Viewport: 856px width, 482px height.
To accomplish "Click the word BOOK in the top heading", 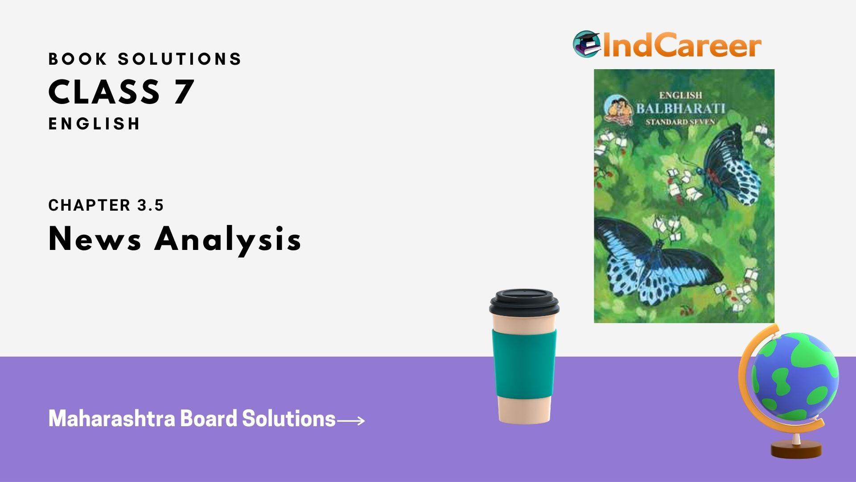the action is (x=78, y=59).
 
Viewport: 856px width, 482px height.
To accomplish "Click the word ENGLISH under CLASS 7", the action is (x=94, y=124).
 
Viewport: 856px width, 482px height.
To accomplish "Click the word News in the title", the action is (x=95, y=239).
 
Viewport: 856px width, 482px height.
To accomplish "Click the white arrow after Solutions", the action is (x=350, y=420).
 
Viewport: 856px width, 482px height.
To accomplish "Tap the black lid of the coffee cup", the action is (x=524, y=303).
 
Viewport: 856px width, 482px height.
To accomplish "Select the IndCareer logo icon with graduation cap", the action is (x=587, y=44).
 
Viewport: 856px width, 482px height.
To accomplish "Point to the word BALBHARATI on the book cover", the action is (x=680, y=108).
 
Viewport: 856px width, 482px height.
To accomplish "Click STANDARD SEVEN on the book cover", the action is (x=680, y=121).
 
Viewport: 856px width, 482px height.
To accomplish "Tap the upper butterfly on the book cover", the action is (x=727, y=167).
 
